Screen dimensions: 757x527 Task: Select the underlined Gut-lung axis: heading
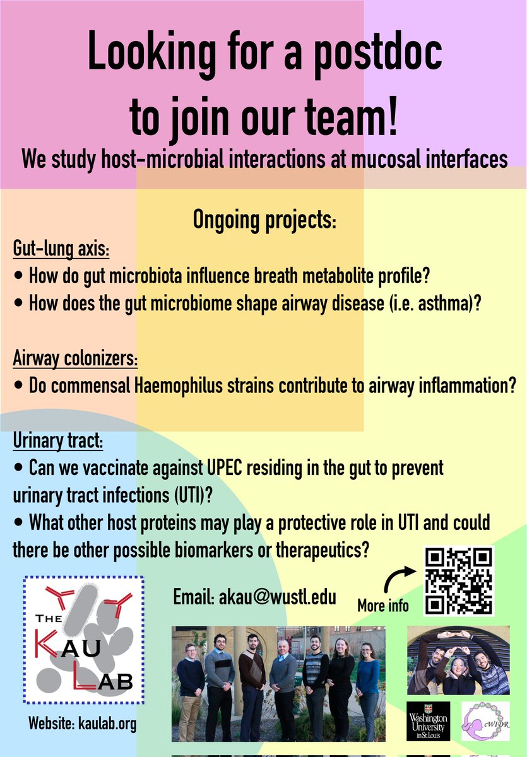click(61, 249)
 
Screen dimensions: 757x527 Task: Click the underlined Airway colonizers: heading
click(75, 360)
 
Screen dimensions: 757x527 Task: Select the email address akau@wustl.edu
click(254, 597)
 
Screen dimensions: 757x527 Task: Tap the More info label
click(382, 606)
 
